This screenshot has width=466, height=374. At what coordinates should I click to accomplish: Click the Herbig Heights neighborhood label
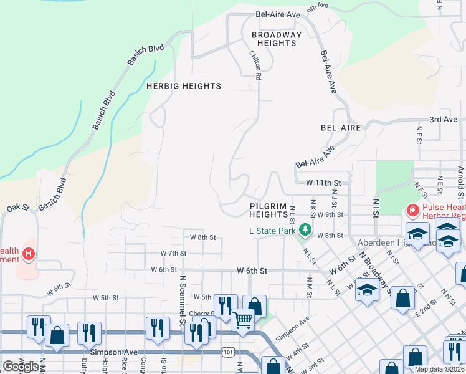183,86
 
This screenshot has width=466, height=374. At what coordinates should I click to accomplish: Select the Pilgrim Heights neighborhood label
269,210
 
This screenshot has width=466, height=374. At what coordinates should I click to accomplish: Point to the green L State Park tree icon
305,231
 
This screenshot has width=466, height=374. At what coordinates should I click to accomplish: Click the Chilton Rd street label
255,65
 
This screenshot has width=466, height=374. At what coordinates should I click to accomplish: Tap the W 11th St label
324,183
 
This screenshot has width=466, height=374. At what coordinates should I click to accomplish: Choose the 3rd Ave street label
443,119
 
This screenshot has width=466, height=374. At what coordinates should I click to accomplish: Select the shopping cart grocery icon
243,320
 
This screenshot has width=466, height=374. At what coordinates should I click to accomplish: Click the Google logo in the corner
21,366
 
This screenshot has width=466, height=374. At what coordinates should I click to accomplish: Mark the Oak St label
18,208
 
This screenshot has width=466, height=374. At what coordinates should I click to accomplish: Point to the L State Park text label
272,231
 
